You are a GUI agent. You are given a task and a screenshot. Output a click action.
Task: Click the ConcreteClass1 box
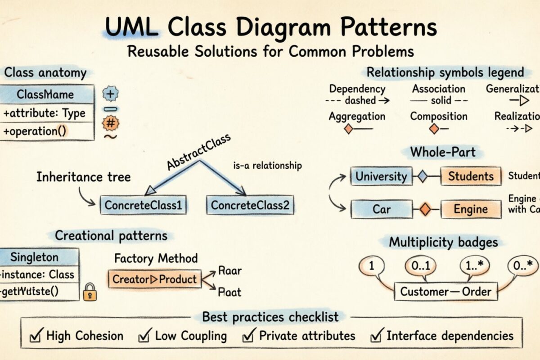click(x=143, y=206)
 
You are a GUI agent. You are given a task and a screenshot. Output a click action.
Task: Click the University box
click(x=381, y=176)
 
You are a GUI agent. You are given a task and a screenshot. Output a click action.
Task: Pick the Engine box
click(x=470, y=209)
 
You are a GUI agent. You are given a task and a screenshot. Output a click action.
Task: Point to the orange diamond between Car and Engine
click(x=425, y=209)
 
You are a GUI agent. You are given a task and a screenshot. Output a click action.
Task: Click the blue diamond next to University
click(x=422, y=176)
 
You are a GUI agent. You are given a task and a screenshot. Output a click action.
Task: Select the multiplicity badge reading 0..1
click(x=421, y=266)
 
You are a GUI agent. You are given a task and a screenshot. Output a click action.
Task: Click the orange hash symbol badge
click(x=111, y=122)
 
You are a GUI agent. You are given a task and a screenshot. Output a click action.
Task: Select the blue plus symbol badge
click(x=111, y=94)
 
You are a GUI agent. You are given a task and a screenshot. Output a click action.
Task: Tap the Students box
click(x=470, y=176)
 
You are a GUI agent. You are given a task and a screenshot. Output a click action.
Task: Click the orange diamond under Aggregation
click(x=348, y=130)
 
